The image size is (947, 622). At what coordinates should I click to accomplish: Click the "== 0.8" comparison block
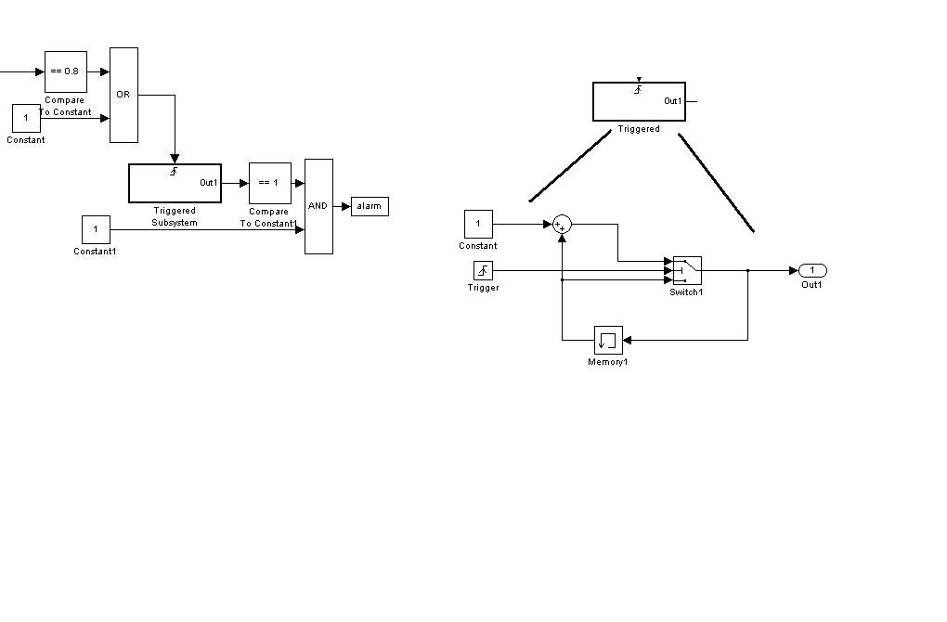tap(65, 71)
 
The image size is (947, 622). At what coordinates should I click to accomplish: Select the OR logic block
tap(123, 95)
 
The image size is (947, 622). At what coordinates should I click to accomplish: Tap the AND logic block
tap(318, 206)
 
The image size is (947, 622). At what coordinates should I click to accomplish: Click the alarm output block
tap(370, 206)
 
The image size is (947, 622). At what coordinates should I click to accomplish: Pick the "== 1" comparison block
tap(269, 183)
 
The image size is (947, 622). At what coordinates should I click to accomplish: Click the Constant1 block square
tap(96, 229)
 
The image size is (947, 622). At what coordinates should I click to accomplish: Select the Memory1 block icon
tap(608, 340)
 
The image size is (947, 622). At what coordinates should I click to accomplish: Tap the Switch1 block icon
tap(687, 270)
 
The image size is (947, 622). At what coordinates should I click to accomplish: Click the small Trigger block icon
tap(483, 270)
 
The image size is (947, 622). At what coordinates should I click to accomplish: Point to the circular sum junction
tap(562, 224)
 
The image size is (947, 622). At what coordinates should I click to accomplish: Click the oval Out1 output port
tap(812, 270)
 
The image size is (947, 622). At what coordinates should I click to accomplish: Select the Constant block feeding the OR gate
tap(26, 118)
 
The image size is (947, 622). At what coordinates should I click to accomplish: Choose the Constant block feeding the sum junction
tap(478, 224)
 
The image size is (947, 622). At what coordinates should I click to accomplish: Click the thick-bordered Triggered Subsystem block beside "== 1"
tap(175, 183)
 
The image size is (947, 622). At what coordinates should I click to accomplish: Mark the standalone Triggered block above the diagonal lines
tap(639, 101)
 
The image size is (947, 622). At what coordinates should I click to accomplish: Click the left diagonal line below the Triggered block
tap(570, 168)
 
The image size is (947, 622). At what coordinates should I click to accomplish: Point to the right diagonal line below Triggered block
tap(716, 183)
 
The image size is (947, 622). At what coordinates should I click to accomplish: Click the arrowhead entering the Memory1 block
tap(628, 340)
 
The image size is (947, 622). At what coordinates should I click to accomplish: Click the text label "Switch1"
tap(687, 292)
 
